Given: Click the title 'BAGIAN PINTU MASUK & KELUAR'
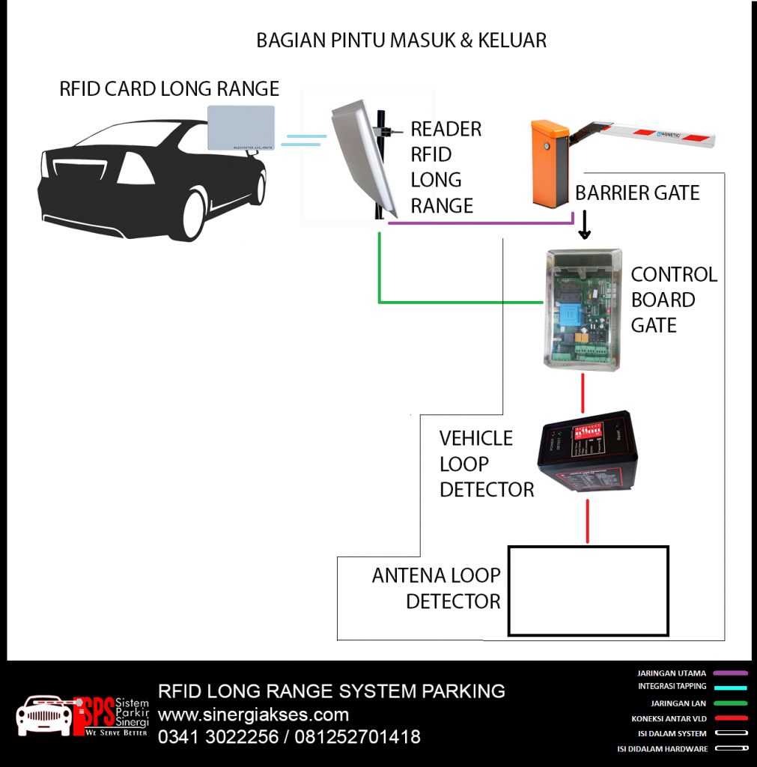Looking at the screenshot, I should [x=401, y=40].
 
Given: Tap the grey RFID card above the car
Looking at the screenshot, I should [x=240, y=127].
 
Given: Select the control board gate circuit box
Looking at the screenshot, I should [x=583, y=309].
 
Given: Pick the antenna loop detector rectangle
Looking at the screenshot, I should [x=588, y=591].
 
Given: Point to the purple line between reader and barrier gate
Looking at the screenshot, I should [x=479, y=222].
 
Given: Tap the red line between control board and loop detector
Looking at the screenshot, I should [x=583, y=391].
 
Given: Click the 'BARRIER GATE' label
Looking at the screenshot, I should [x=637, y=193].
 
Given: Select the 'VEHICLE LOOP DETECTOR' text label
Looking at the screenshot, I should [x=486, y=464].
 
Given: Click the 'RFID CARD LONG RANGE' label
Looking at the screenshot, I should [x=169, y=89].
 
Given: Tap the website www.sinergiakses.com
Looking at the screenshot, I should [x=253, y=714].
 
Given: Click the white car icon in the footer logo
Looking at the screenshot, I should [x=43, y=716].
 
